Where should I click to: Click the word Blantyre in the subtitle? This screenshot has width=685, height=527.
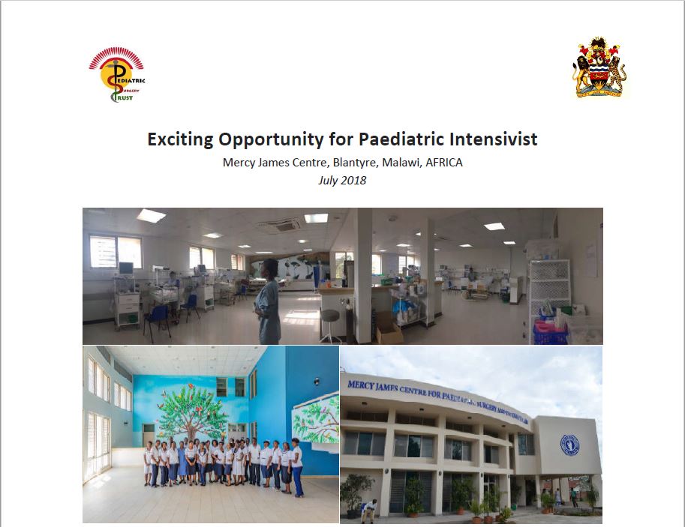point(323,163)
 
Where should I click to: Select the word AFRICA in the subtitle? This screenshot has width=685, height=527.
point(443,163)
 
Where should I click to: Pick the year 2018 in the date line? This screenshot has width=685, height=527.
point(353,181)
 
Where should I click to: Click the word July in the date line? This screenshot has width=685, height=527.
point(328,181)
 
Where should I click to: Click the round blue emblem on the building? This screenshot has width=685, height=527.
point(569,445)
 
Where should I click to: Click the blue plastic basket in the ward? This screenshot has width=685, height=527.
point(550,328)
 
